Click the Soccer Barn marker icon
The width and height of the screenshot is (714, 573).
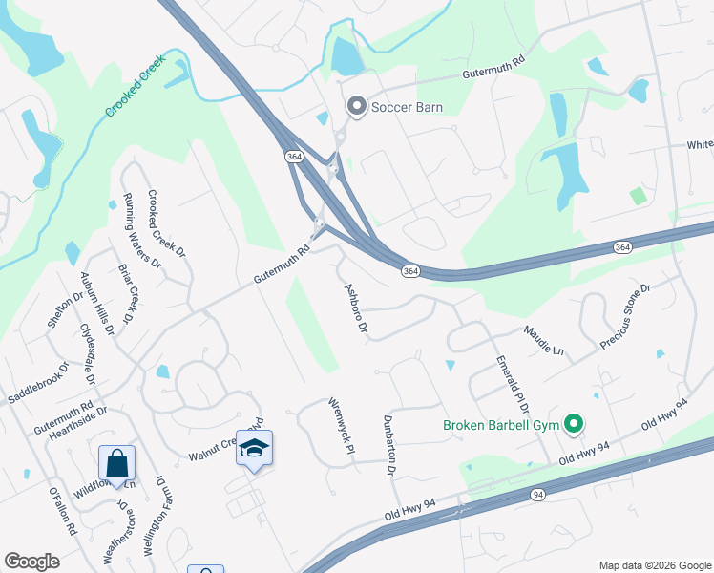click(357, 107)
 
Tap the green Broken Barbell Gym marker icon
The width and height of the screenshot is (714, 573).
click(574, 422)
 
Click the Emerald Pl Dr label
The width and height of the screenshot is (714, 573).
click(513, 384)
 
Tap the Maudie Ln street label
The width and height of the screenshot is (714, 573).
click(543, 341)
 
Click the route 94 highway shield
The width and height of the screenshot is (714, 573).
click(538, 495)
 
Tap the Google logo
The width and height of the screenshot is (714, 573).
click(31, 562)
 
